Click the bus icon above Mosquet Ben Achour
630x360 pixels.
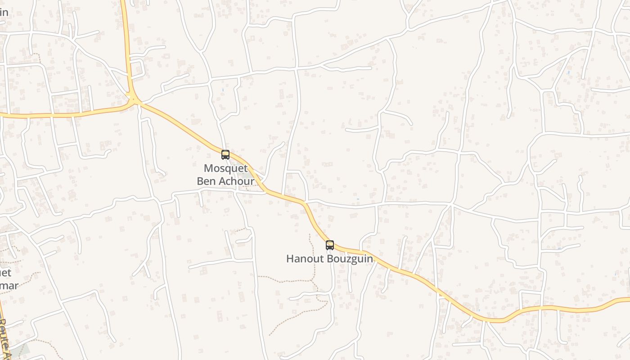point(225,155)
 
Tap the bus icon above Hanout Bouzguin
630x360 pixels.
point(330,245)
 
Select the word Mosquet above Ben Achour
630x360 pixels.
point(225,168)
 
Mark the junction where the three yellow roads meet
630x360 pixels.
point(133,99)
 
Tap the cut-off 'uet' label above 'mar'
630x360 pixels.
point(5,273)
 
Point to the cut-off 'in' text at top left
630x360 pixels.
point(3,12)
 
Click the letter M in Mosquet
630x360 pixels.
point(208,168)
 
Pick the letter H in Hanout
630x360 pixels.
point(290,259)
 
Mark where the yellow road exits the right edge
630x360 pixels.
point(627,300)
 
